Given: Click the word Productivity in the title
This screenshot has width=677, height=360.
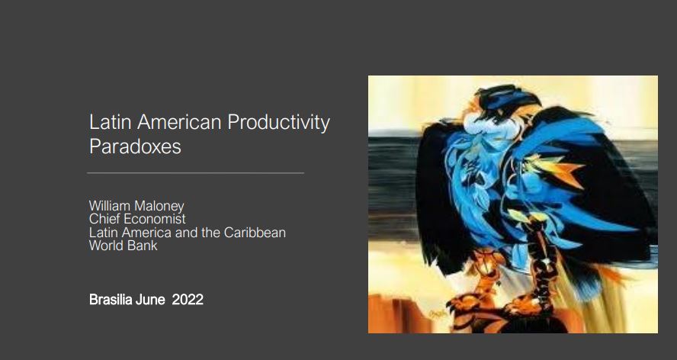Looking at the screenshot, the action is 278,122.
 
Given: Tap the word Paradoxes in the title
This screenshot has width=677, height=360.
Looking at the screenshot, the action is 135,146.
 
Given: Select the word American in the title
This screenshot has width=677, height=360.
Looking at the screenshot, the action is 179,122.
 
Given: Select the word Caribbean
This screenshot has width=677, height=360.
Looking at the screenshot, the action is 255,232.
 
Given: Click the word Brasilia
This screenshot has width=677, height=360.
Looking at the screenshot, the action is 111,300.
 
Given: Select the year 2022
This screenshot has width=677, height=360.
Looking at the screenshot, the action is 188,300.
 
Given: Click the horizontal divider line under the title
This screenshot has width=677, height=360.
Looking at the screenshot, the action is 196,173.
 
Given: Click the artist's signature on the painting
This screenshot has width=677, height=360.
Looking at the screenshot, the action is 438,313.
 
